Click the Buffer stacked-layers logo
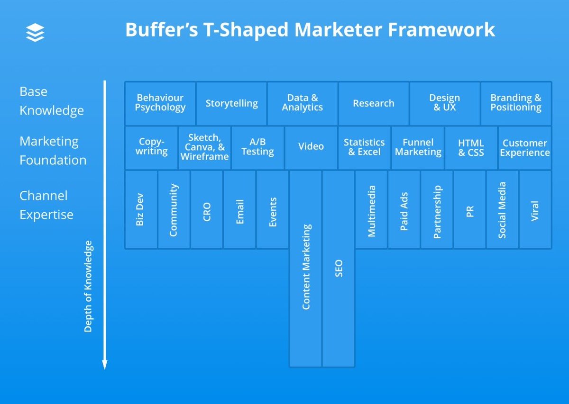click(x=35, y=33)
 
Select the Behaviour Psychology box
click(x=160, y=103)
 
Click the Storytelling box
click(x=231, y=103)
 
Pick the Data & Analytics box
click(x=303, y=103)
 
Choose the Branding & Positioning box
click(x=516, y=103)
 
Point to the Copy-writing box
click(x=152, y=147)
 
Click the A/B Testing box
click(x=257, y=147)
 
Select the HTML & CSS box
click(x=471, y=147)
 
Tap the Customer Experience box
click(x=525, y=147)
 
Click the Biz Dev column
click(x=140, y=209)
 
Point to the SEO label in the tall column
click(x=339, y=268)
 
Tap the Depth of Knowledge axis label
click(x=88, y=286)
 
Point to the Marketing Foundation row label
click(x=53, y=151)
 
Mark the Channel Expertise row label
click(x=46, y=205)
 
